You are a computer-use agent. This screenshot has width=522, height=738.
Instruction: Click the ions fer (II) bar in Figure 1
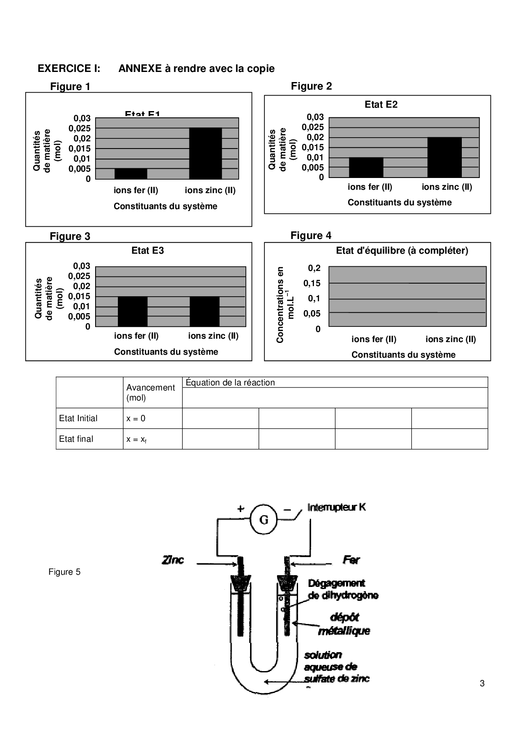130,174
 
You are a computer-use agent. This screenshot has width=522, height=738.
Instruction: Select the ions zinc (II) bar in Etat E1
205,154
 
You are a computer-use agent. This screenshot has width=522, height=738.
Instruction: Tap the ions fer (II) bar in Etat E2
366,167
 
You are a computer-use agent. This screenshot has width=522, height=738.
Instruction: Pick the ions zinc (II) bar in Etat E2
444,157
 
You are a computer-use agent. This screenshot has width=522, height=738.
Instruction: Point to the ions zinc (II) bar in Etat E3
205,311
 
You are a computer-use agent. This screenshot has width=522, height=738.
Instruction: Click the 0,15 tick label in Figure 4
312,284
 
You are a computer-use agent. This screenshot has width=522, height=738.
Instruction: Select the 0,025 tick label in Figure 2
313,127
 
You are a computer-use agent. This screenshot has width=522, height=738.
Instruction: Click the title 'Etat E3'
147,251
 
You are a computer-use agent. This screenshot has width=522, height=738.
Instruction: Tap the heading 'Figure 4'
311,236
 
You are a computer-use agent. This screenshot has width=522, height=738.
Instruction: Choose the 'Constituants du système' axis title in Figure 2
399,203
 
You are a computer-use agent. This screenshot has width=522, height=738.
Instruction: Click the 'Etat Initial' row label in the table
78,419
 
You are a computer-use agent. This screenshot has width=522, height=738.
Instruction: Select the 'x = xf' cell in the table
136,440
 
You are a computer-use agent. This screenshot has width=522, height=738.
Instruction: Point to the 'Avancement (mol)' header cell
150,393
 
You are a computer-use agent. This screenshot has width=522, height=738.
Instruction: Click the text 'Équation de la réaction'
230,383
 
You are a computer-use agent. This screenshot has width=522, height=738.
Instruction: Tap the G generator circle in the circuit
264,520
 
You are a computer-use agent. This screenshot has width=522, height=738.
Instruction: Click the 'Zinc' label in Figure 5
173,560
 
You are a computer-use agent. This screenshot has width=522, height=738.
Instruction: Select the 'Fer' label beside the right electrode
351,560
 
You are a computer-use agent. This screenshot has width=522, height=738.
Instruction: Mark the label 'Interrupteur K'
336,507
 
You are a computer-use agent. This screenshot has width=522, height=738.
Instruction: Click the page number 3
482,683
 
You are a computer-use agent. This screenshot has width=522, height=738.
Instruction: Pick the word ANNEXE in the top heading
140,69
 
